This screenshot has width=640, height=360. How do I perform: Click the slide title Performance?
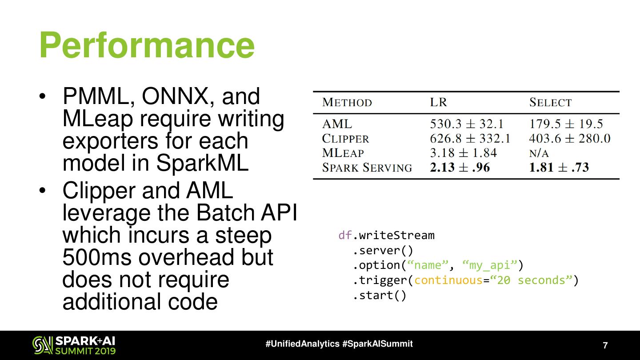(147, 45)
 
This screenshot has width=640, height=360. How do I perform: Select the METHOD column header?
(347, 103)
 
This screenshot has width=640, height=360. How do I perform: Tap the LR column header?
(438, 103)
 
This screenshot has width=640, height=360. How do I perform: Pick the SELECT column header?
(550, 103)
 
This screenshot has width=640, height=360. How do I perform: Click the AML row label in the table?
(337, 124)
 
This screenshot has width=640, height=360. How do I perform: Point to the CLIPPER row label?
(345, 139)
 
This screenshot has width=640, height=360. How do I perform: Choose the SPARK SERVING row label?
(367, 168)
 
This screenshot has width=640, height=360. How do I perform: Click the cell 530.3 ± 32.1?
(467, 124)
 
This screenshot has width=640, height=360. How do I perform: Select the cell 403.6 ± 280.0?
(570, 139)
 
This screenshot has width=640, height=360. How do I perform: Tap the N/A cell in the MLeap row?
(539, 153)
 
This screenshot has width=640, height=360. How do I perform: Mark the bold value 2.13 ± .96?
(460, 168)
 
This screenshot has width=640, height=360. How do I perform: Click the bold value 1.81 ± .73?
(559, 168)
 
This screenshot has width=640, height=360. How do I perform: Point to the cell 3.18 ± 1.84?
(463, 153)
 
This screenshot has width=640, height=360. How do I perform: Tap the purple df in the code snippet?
(345, 235)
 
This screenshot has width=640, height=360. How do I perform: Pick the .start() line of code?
(380, 296)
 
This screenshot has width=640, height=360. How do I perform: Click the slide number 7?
(605, 345)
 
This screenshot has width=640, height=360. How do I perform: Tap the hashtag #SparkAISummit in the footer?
(378, 344)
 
